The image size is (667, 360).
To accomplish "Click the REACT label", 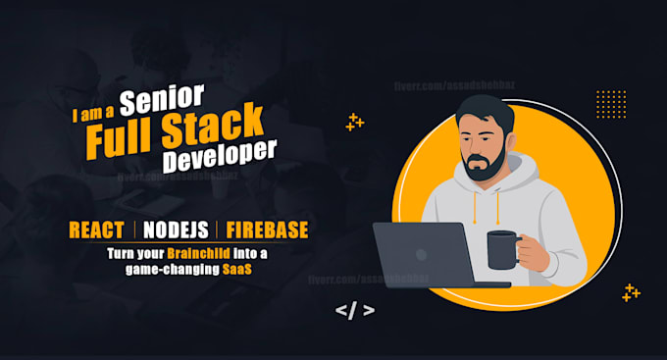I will (96, 231).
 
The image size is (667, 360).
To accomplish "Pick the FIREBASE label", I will (267, 231).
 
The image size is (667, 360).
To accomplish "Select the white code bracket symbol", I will (354, 311).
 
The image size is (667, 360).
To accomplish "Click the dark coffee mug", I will (504, 247).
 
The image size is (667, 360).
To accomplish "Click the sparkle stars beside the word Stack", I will (354, 122).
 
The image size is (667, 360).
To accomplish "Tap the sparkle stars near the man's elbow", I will (631, 291).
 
